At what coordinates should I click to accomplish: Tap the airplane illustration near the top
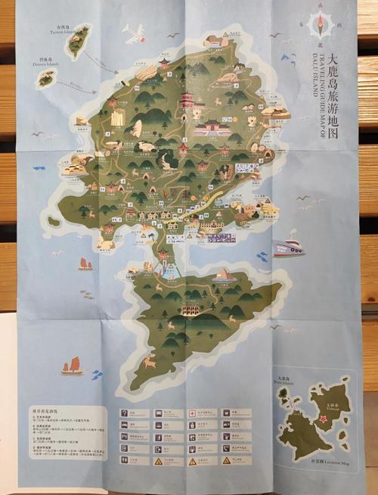pyautogui.click(x=133, y=33)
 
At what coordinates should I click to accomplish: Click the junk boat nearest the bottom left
pyautogui.click(x=72, y=366)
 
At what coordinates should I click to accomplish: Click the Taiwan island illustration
pyautogui.click(x=79, y=42)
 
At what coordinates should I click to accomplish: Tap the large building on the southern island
pyautogui.click(x=190, y=310)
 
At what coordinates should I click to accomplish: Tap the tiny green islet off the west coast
pyautogui.click(x=53, y=222)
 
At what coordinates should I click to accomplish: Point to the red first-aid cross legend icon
pyautogui.click(x=193, y=413)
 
